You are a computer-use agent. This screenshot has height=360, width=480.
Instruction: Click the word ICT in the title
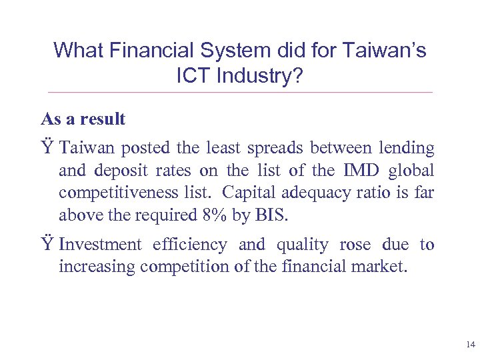[x=193, y=76]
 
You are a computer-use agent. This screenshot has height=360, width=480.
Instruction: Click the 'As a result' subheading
[x=83, y=119]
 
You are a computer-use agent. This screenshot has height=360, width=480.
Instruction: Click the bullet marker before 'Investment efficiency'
[x=47, y=245]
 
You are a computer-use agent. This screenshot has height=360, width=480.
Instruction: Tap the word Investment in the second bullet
[x=100, y=245]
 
